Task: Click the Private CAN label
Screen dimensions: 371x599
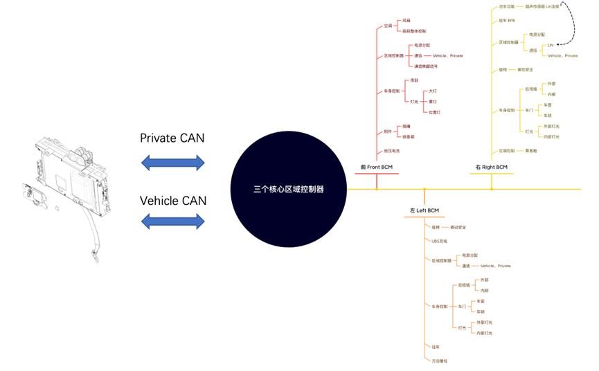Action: click(x=172, y=138)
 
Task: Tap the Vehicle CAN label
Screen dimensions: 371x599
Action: click(x=172, y=201)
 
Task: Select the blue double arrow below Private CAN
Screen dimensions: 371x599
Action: click(x=172, y=163)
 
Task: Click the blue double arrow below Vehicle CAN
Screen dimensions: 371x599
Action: click(x=172, y=221)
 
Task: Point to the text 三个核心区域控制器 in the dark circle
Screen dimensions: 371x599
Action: click(x=288, y=188)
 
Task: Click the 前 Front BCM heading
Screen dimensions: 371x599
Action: click(x=376, y=167)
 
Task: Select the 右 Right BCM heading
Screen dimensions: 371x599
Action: click(x=492, y=167)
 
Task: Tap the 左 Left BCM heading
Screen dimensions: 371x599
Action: click(x=424, y=210)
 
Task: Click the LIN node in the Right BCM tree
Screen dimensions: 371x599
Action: click(x=551, y=45)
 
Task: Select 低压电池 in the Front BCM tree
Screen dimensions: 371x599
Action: click(x=392, y=150)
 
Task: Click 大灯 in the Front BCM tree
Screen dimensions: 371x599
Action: click(x=433, y=91)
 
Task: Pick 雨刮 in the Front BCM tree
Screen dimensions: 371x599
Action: click(x=414, y=80)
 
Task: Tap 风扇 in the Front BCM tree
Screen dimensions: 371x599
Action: click(x=406, y=21)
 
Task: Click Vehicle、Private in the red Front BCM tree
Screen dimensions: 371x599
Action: click(x=447, y=55)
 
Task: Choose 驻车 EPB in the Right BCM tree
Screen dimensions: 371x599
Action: click(x=507, y=20)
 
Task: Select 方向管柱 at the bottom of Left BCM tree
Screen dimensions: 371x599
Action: click(x=440, y=361)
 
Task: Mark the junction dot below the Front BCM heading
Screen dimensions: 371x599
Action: click(x=376, y=188)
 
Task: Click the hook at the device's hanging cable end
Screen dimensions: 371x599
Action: click(x=96, y=260)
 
